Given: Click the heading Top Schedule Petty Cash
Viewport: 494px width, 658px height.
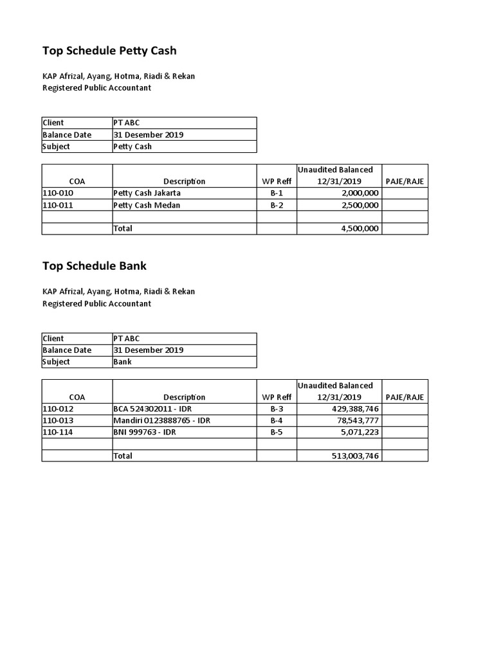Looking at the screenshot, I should (109, 50).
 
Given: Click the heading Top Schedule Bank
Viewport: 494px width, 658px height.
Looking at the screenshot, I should (95, 265).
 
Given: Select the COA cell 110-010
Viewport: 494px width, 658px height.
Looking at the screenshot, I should (57, 193).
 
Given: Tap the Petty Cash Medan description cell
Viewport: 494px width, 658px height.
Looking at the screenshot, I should (146, 205).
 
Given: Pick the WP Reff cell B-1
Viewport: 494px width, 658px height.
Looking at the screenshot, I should (277, 193).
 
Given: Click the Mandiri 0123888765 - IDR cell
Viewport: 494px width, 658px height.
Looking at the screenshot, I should (161, 420).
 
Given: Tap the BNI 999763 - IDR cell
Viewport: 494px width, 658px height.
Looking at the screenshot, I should (145, 432).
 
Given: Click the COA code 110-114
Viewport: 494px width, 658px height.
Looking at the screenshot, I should (57, 432).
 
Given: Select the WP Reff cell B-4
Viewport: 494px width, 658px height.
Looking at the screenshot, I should (277, 420).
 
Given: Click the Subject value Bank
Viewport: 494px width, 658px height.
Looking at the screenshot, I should (122, 362).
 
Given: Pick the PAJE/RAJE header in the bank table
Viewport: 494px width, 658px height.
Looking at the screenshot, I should (405, 397).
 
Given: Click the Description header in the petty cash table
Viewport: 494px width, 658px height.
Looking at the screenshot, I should (184, 181).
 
